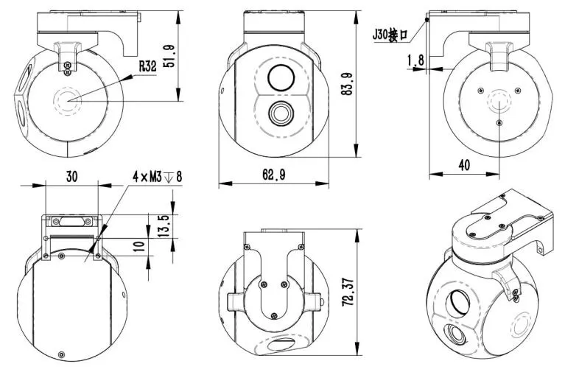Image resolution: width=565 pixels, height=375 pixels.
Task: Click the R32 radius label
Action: (147, 66)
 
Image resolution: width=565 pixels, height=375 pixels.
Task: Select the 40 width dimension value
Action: (463, 166)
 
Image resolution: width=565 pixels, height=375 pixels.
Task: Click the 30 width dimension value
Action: (71, 178)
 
